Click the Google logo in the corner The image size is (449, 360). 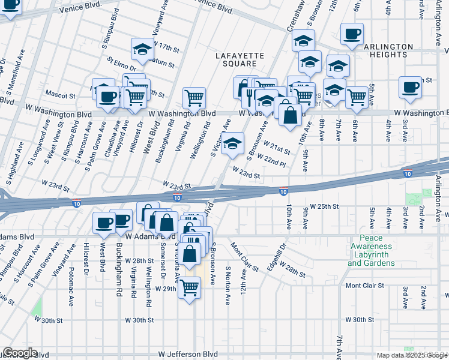[20, 353]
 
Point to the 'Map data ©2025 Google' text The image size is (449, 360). [412, 355]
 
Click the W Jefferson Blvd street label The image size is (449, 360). [191, 355]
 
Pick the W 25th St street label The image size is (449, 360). [324, 206]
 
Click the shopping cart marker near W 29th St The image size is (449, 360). [190, 289]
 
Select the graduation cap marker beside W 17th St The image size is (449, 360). [143, 50]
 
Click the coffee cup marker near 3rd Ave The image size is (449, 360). [411, 86]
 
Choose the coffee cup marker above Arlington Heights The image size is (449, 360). [352, 34]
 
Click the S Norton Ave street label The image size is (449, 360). [228, 286]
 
